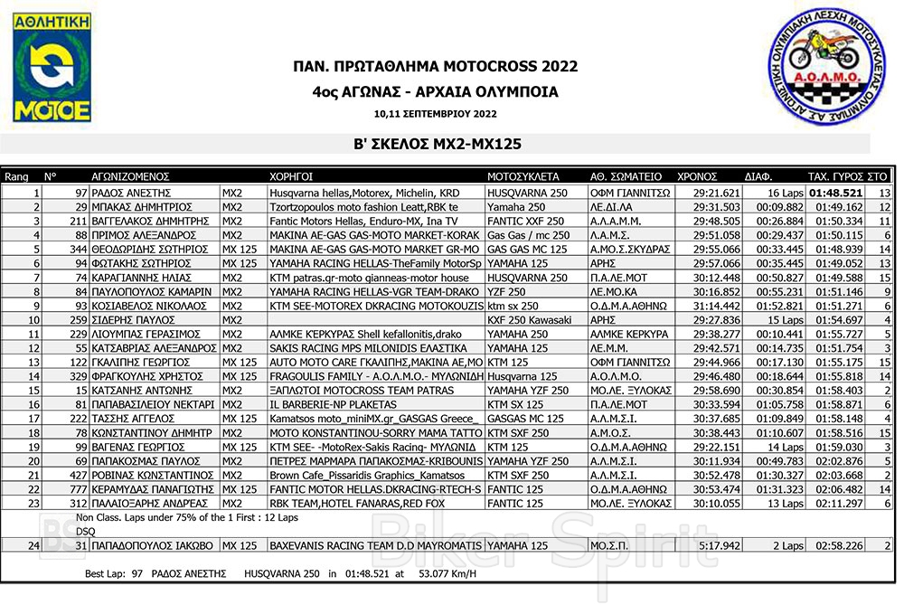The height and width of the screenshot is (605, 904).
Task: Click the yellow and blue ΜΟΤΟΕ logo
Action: pyautogui.click(x=51, y=67)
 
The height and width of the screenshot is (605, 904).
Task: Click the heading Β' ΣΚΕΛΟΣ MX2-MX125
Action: pyautogui.click(x=438, y=144)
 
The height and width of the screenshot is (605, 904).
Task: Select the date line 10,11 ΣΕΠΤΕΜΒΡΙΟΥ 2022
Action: pyautogui.click(x=435, y=114)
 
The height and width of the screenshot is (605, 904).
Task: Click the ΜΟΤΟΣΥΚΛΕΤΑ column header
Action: pyautogui.click(x=523, y=177)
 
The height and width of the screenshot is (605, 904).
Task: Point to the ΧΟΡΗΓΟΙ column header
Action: pyautogui.click(x=292, y=177)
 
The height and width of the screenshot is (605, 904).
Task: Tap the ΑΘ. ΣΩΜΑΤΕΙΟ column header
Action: pyautogui.click(x=626, y=177)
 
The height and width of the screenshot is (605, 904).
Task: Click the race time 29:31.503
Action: pyautogui.click(x=717, y=207)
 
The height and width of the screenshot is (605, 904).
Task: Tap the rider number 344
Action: pyautogui.click(x=76, y=249)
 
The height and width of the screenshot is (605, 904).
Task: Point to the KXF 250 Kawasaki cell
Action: pyautogui.click(x=530, y=319)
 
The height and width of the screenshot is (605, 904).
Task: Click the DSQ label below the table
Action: pyautogui.click(x=86, y=531)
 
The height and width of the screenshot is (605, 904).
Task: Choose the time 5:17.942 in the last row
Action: pyautogui.click(x=721, y=545)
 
